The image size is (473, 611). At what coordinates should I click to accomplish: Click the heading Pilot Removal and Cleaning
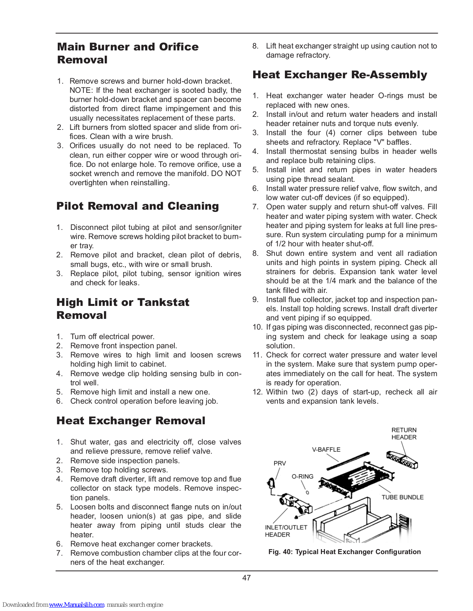(138, 206)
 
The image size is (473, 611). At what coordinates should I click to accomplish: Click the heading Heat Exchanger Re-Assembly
(340, 75)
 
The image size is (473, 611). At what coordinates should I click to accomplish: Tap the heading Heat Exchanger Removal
(131, 421)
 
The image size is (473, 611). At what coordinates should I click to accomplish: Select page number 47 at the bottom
(246, 578)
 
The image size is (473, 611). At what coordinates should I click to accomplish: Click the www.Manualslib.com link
(76, 605)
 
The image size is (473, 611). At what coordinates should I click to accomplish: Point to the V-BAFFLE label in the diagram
(326, 450)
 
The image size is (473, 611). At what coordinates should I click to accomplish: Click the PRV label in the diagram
(280, 463)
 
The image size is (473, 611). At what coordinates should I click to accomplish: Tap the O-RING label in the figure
(302, 477)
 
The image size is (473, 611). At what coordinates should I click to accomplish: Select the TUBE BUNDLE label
(402, 497)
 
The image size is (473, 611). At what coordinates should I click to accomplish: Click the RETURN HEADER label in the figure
(404, 434)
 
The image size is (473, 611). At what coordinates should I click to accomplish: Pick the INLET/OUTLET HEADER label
(286, 531)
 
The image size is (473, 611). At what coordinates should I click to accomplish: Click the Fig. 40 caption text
(344, 552)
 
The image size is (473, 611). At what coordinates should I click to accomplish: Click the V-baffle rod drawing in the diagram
(348, 461)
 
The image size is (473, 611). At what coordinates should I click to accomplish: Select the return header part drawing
(401, 460)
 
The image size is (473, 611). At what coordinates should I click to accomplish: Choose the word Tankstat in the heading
(163, 302)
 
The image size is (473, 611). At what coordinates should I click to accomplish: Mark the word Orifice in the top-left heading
(179, 47)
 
